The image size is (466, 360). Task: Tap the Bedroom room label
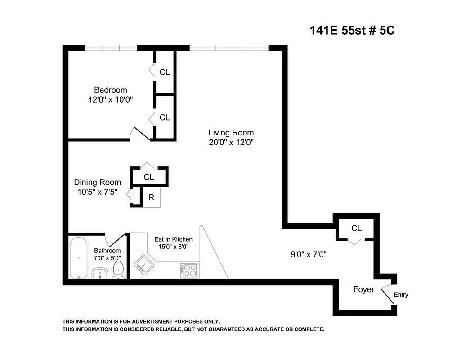(x=111, y=90)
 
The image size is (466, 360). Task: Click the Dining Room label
(x=98, y=182)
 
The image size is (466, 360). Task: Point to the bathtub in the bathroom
(x=79, y=258)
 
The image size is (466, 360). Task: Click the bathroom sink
(x=99, y=273)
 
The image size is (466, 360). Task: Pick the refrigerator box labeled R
(x=152, y=198)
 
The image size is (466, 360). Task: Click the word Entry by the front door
(x=401, y=295)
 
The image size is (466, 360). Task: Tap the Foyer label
(x=363, y=289)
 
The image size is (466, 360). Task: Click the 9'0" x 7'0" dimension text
(x=308, y=254)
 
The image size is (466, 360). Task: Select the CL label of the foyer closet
(x=356, y=229)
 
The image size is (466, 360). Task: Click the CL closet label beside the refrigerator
(x=149, y=177)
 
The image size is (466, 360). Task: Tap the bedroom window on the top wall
(x=111, y=48)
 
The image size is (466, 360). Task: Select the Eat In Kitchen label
(x=173, y=239)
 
